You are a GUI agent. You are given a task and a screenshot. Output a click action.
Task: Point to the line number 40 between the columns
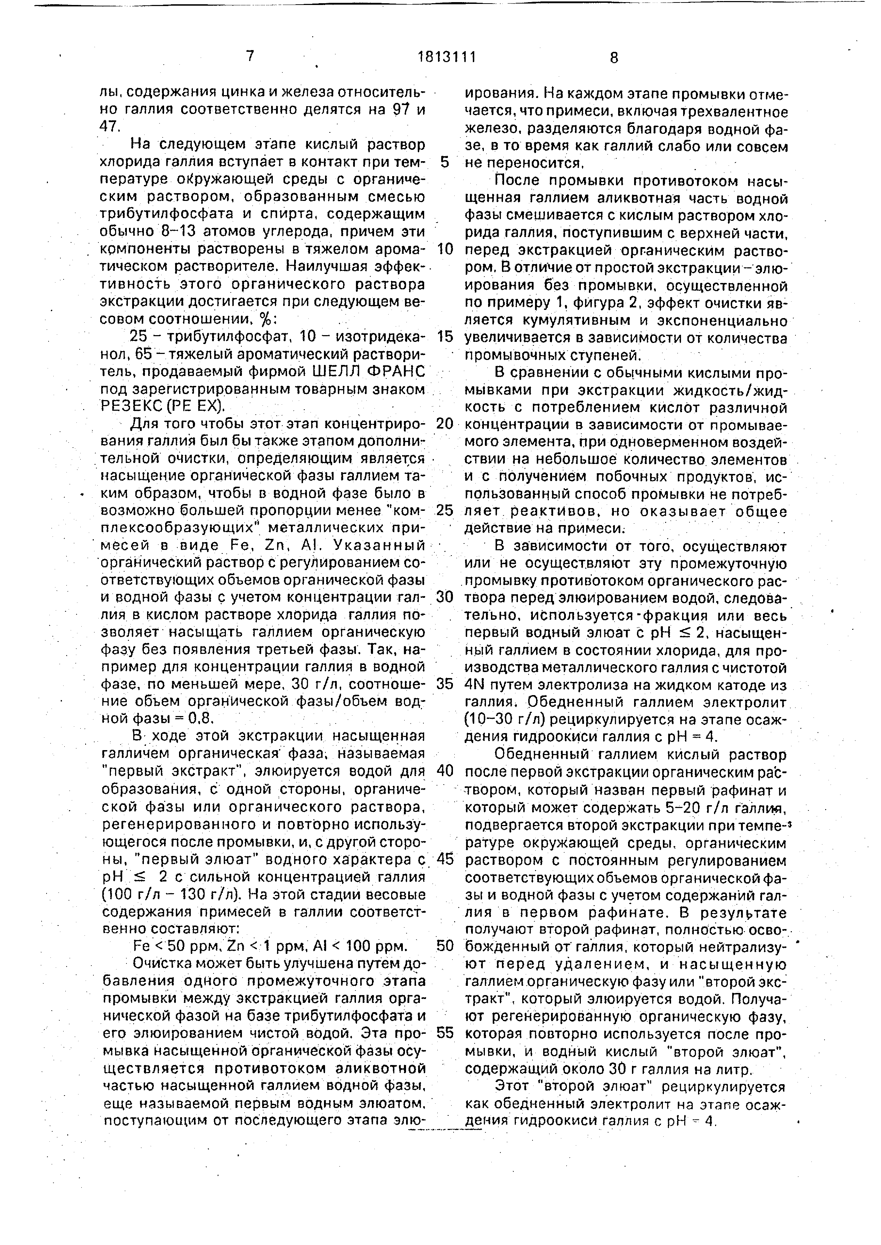click(x=444, y=770)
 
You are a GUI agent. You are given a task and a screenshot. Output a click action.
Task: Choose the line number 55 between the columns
click(x=444, y=1032)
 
